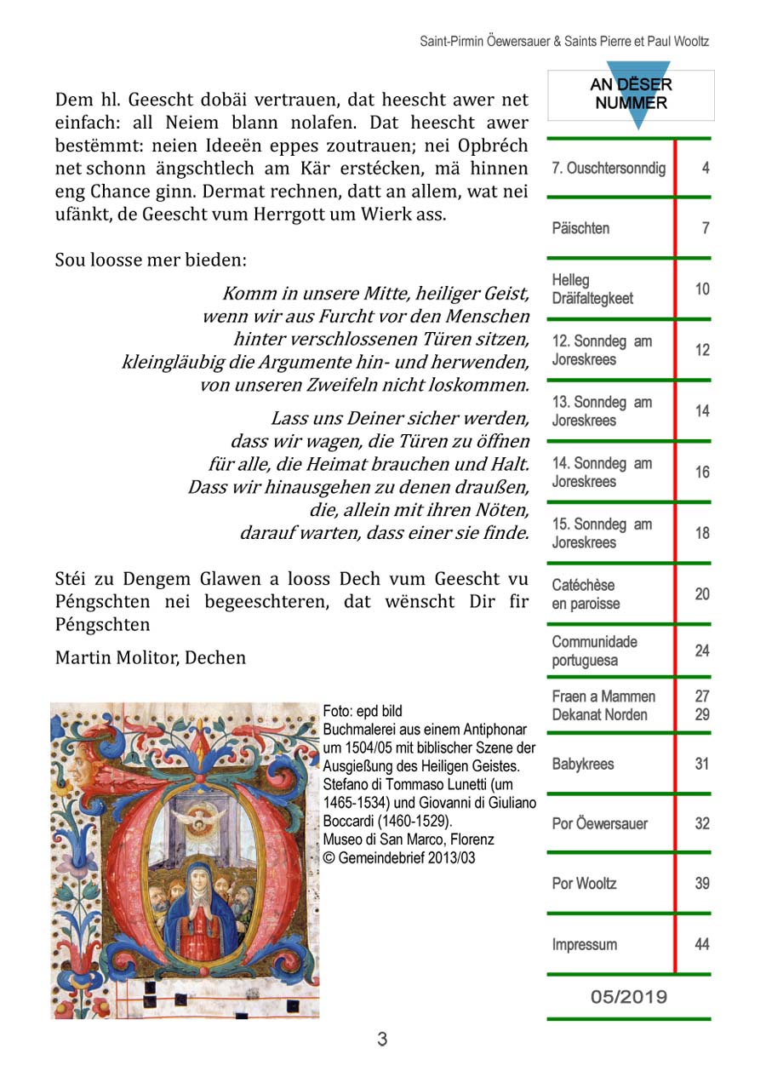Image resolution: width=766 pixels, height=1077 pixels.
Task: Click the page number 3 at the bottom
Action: coord(382,1040)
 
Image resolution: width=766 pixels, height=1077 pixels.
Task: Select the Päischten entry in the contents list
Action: coord(580,228)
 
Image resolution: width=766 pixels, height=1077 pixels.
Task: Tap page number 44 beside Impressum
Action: coord(701,944)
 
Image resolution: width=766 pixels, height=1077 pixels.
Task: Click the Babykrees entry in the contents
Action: coord(582,764)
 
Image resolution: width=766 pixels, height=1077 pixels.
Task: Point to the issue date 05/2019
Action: coord(629,997)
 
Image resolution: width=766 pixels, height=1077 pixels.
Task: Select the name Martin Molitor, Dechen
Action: coord(151,657)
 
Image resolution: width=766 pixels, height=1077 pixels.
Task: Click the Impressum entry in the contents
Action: coord(584,944)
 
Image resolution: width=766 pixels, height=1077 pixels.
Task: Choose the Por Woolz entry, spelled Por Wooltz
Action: coord(584,883)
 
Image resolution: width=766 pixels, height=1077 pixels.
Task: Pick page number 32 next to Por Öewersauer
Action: coord(701,823)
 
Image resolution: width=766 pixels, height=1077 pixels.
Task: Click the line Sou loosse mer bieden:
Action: coord(151,260)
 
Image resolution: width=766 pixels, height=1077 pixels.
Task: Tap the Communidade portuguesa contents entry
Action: coord(594,651)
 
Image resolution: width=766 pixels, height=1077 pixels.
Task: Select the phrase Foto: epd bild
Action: coord(363,711)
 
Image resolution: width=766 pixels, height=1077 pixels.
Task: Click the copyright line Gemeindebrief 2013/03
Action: coord(399,858)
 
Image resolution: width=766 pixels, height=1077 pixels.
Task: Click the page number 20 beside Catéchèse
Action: coord(701,594)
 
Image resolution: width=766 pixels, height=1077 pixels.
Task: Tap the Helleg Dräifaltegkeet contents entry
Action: coord(592,289)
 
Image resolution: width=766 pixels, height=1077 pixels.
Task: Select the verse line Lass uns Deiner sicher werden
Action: coord(399,419)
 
